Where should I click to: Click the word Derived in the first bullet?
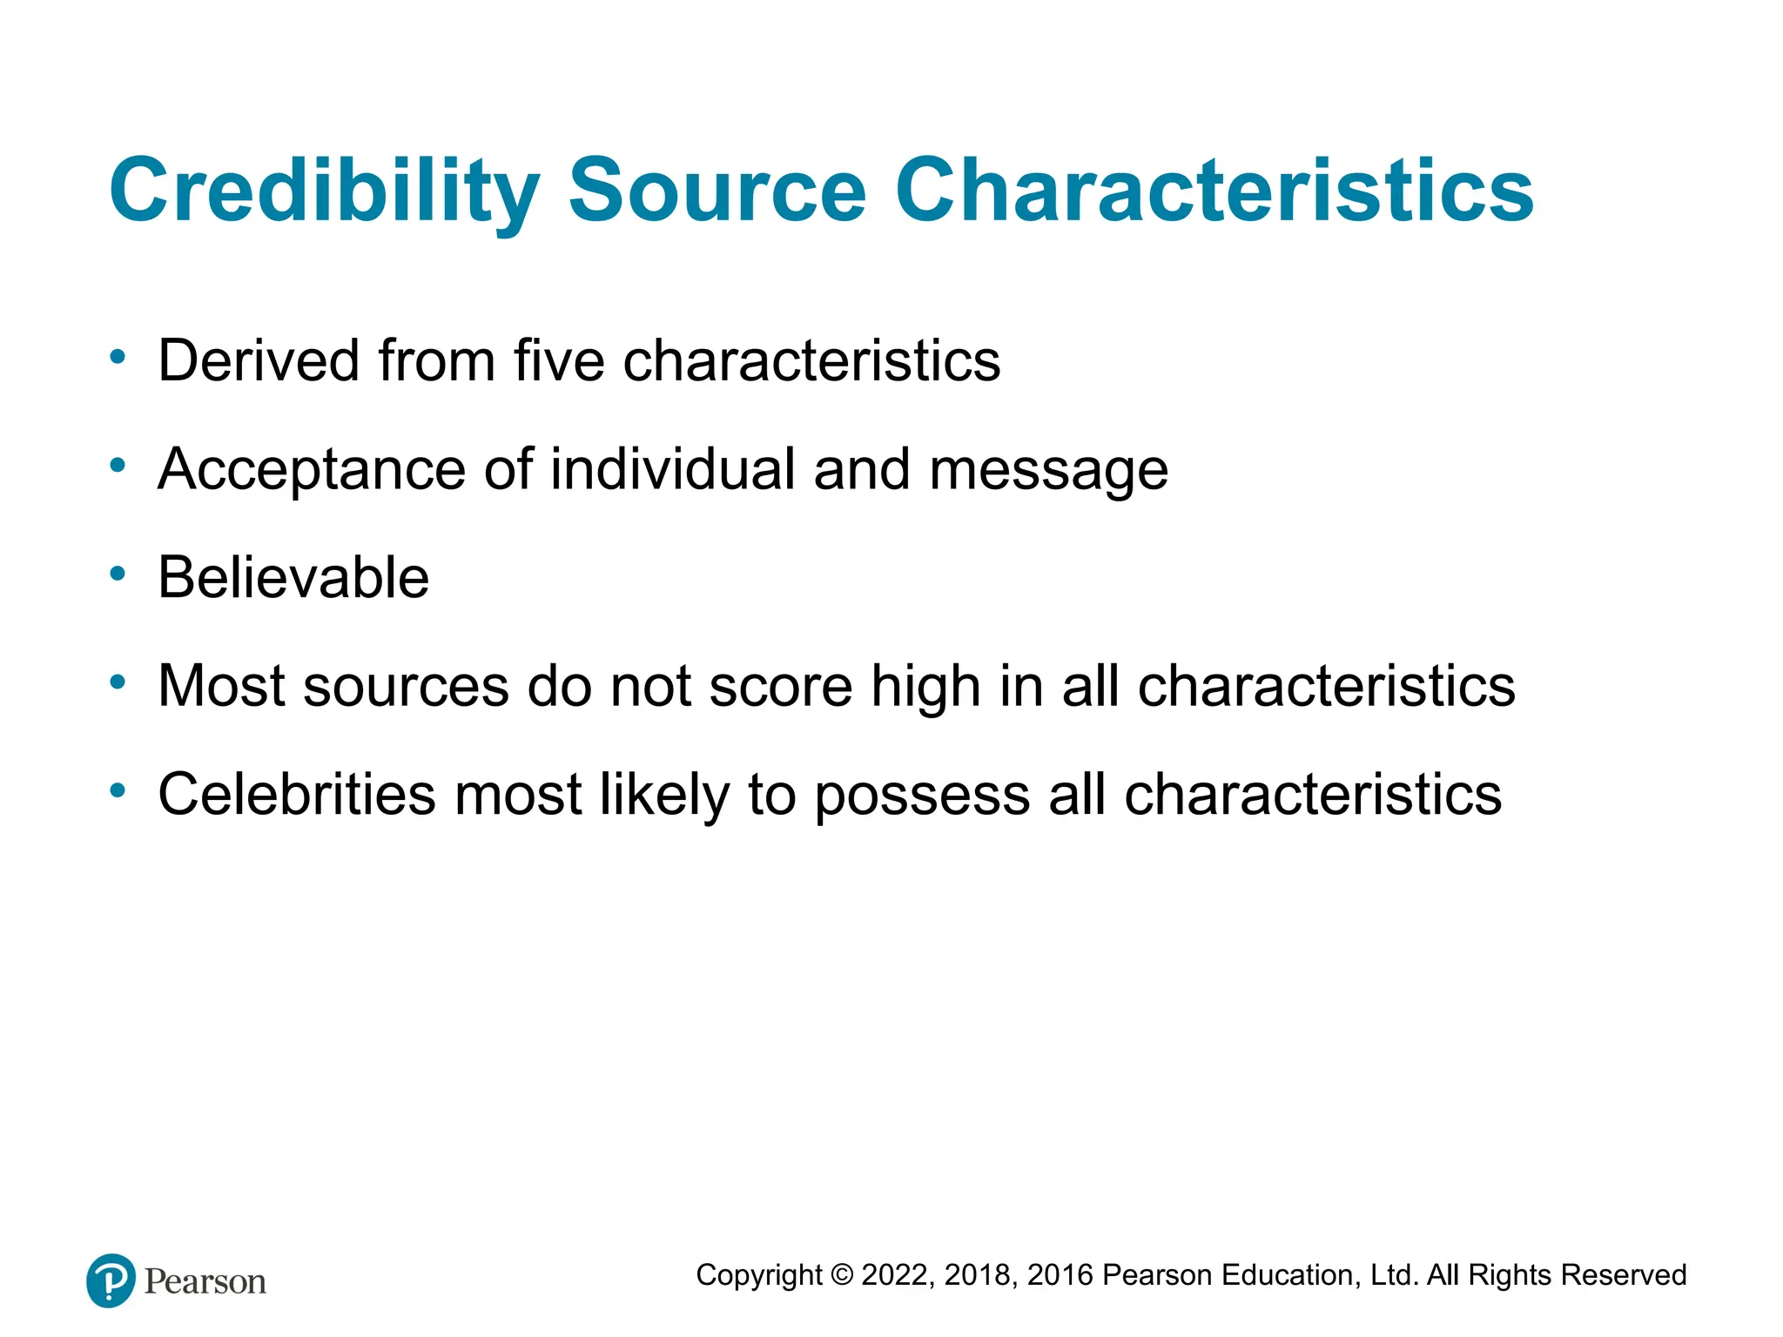tap(259, 360)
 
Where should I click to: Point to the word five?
tap(558, 360)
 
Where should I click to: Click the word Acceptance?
tap(311, 469)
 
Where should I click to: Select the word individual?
tap(672, 469)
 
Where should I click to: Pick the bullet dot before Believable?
tap(118, 574)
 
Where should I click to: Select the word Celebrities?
tap(296, 795)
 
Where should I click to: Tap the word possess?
tap(922, 796)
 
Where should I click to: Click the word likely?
tap(664, 795)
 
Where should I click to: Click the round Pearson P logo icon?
tap(111, 1280)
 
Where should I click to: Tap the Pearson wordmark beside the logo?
tap(205, 1282)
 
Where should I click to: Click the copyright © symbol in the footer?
tap(842, 1275)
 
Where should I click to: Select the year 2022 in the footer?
tap(897, 1275)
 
